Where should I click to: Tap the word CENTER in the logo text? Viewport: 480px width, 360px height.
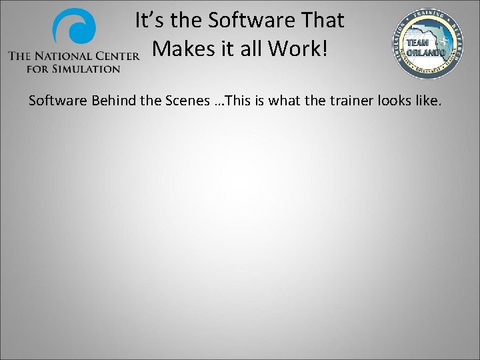[x=118, y=57]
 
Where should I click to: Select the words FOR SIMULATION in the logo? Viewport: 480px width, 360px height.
[x=73, y=68]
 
